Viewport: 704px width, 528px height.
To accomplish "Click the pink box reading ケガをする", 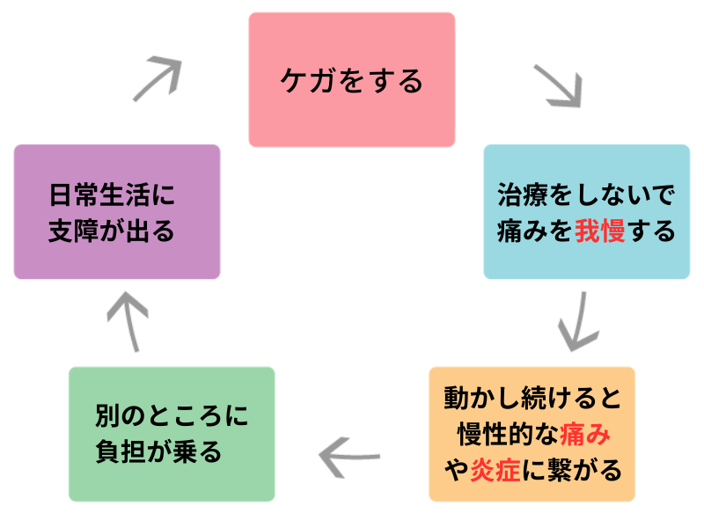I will point(351,79).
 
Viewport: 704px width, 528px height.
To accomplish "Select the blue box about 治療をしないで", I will point(586,212).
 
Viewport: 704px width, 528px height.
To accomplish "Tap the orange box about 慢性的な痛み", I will point(532,434).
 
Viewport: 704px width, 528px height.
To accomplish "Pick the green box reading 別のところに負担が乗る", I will point(172,434).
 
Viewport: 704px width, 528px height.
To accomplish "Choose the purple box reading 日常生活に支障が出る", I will point(117,212).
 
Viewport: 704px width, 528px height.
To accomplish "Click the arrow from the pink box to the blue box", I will point(558,84).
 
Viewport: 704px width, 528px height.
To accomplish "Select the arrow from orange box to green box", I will point(349,454).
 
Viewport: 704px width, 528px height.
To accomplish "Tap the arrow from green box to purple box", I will point(128,321).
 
